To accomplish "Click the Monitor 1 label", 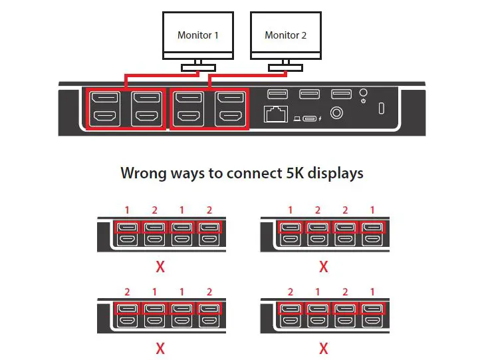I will (x=198, y=35).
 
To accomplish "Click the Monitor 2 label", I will (x=285, y=35).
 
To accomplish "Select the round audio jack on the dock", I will (x=337, y=114).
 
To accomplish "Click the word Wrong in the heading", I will (x=142, y=173).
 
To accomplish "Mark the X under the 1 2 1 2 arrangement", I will (x=160, y=268).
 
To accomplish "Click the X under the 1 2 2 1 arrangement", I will (x=324, y=268).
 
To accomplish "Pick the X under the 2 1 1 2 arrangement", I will (x=160, y=348).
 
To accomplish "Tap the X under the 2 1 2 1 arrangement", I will (x=324, y=348).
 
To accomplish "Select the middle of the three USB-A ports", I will (x=309, y=94).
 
